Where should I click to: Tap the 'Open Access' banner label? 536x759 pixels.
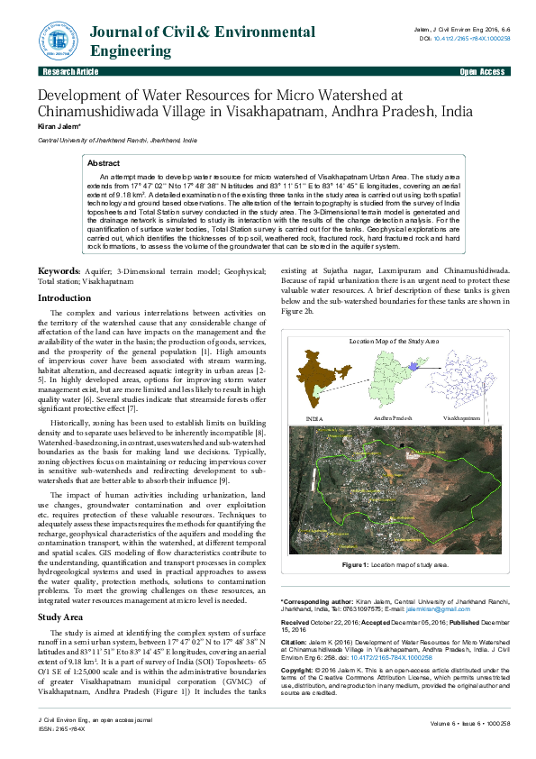click(482, 71)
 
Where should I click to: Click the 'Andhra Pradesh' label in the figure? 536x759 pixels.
click(392, 419)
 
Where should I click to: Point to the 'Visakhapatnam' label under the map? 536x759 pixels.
click(461, 419)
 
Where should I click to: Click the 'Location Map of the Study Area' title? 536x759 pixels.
click(394, 343)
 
